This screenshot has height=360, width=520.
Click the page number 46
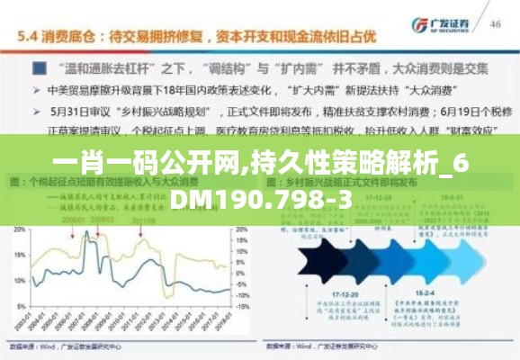(x=494, y=24)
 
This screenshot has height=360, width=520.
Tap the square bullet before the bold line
(x=40, y=68)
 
